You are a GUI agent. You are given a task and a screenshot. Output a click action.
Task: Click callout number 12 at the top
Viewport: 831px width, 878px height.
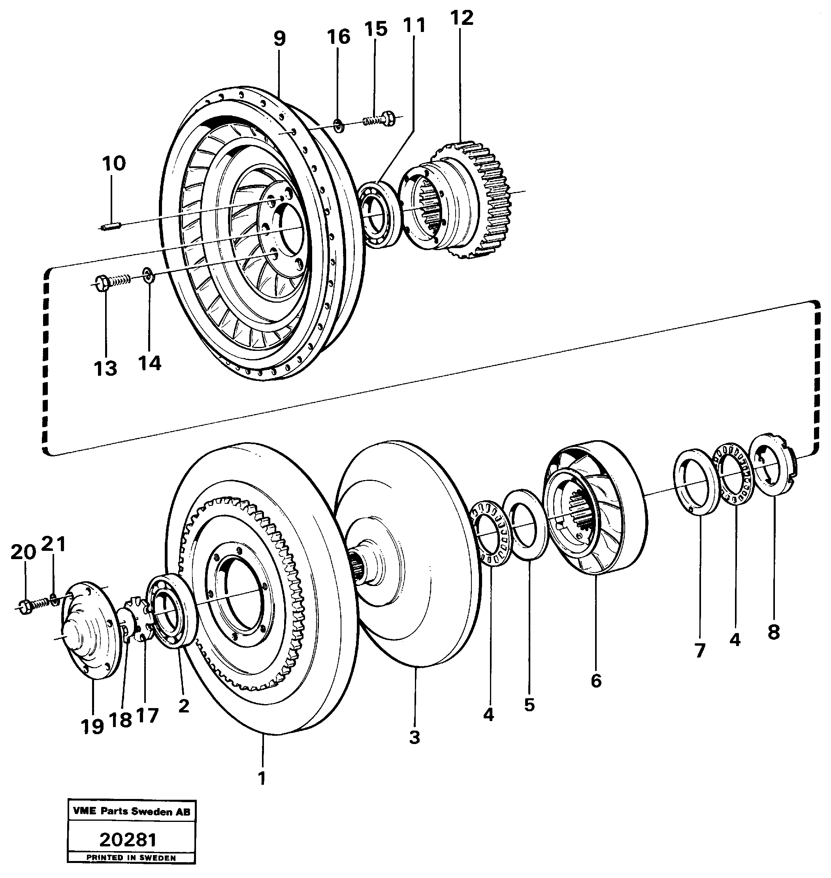point(462,19)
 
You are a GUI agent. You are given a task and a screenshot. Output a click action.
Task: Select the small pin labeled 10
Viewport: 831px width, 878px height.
point(111,227)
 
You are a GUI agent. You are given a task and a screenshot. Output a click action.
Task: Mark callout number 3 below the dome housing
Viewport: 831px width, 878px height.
point(414,737)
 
